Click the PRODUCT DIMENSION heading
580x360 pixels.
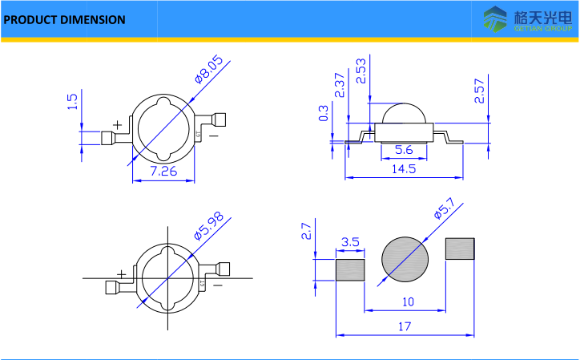(x=65, y=19)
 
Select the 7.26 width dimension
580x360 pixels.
(x=164, y=171)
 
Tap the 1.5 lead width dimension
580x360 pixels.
(x=72, y=102)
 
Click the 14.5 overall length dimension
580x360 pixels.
(x=403, y=169)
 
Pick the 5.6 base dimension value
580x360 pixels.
(x=404, y=149)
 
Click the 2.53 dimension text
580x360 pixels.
(x=361, y=71)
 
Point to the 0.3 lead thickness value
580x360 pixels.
(x=324, y=113)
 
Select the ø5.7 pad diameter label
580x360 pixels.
(x=444, y=212)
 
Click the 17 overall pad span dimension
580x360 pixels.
(x=403, y=326)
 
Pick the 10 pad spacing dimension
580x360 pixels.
(x=408, y=302)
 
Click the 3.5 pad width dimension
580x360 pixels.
(x=349, y=241)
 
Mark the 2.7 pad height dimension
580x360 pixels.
(x=306, y=233)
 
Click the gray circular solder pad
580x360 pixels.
(x=405, y=261)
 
